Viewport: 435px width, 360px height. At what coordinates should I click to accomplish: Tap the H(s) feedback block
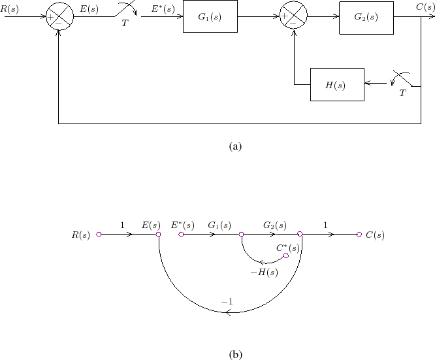[x=337, y=84]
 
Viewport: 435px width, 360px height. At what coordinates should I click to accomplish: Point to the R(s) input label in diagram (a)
[x=9, y=7]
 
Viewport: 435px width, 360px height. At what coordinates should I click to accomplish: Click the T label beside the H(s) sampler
[x=403, y=93]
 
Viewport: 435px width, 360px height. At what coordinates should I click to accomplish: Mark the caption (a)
[x=236, y=146]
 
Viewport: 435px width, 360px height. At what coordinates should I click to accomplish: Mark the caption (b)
[x=236, y=354]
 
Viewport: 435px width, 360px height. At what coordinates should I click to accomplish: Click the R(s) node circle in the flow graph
[x=99, y=235]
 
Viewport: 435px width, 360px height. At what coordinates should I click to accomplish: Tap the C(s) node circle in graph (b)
[x=359, y=235]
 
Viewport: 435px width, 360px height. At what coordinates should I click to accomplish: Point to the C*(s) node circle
[x=285, y=256]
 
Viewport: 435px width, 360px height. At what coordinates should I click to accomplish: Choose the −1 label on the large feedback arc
[x=227, y=302]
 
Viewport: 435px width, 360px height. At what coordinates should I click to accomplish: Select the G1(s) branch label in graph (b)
[x=219, y=225]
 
